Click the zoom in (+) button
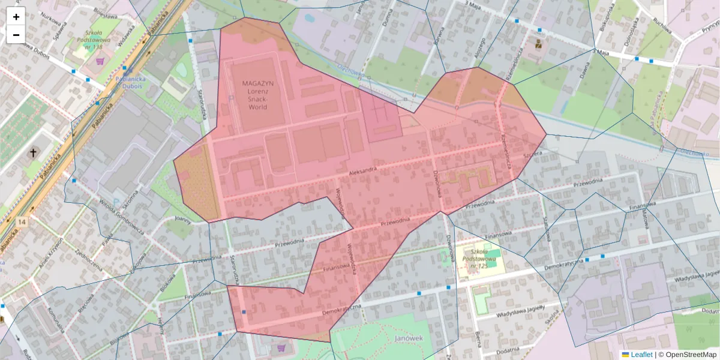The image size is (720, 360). (16, 17)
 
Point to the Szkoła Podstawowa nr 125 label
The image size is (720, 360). (477, 257)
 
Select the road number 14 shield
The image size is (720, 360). (22, 223)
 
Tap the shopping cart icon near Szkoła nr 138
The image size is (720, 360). (100, 61)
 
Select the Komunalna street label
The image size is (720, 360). (56, 319)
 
